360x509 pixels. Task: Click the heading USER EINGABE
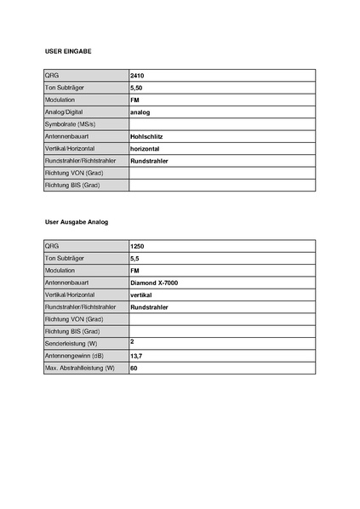pos(67,52)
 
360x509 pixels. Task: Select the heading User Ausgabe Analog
pos(77,221)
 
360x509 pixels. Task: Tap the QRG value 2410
pos(138,76)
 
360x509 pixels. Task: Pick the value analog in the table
pos(140,112)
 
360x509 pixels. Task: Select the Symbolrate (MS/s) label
pos(70,124)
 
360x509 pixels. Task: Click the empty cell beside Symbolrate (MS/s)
pos(221,124)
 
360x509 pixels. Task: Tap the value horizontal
pos(146,148)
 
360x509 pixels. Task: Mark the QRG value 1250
pos(138,246)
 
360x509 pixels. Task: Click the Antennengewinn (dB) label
pos(72,355)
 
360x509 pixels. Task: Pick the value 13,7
pos(136,355)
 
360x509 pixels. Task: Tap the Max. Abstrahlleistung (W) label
pos(79,368)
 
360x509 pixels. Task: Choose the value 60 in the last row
pos(134,368)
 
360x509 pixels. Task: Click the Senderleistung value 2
pos(133,341)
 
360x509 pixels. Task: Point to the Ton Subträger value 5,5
pos(135,258)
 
